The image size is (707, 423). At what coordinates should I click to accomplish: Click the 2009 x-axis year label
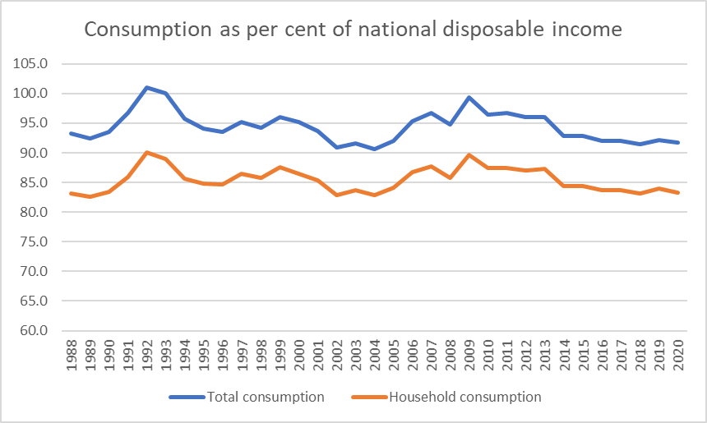tap(469, 356)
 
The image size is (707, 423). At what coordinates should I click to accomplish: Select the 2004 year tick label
tap(374, 356)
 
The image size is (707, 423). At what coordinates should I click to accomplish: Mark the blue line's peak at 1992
tap(147, 87)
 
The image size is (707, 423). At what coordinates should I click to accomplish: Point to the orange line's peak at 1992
tap(147, 152)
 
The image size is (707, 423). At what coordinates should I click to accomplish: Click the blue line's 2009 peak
tap(469, 97)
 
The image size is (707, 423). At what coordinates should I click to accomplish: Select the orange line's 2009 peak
tap(469, 154)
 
